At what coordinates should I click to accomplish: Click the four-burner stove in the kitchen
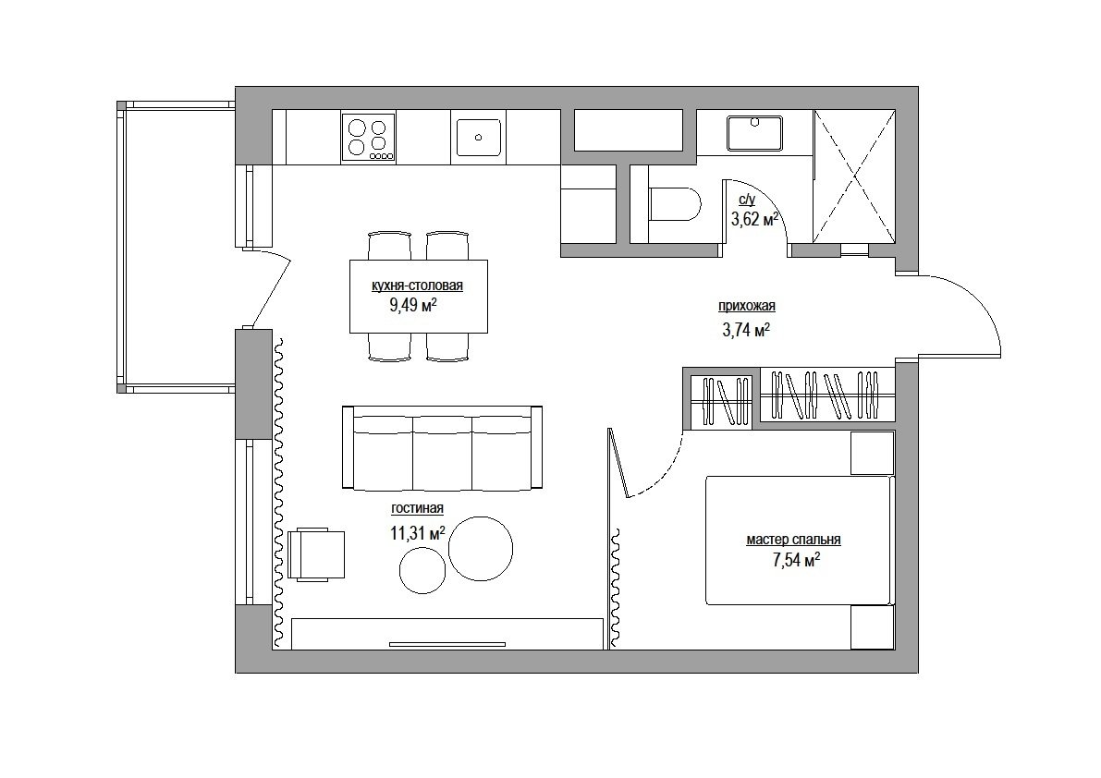pos(369,138)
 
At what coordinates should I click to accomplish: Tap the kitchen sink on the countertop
pos(478,137)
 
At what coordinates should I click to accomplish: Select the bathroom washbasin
pos(755,133)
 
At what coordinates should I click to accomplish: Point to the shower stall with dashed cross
pos(854,176)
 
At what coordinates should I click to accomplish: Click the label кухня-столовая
pos(417,286)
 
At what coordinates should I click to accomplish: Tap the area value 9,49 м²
pos(413,305)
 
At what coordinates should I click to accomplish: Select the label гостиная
pos(417,508)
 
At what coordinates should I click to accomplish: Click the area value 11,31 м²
pos(418,533)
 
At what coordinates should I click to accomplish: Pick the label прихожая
pos(746,306)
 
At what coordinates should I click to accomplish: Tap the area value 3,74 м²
pos(746,330)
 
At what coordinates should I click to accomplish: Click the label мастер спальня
pos(793,541)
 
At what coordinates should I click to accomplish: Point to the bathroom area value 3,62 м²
pos(755,220)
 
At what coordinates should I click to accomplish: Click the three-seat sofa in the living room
pos(442,447)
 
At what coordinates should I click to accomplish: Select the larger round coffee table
pos(481,548)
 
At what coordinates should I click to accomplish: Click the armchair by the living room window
pos(317,554)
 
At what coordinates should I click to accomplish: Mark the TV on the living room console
pos(447,644)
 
